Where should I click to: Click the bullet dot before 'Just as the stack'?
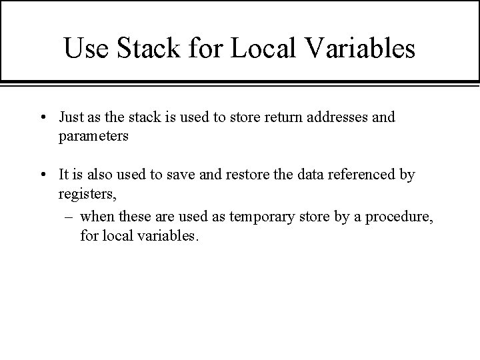[x=42, y=118]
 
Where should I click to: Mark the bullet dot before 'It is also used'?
[x=42, y=175]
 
